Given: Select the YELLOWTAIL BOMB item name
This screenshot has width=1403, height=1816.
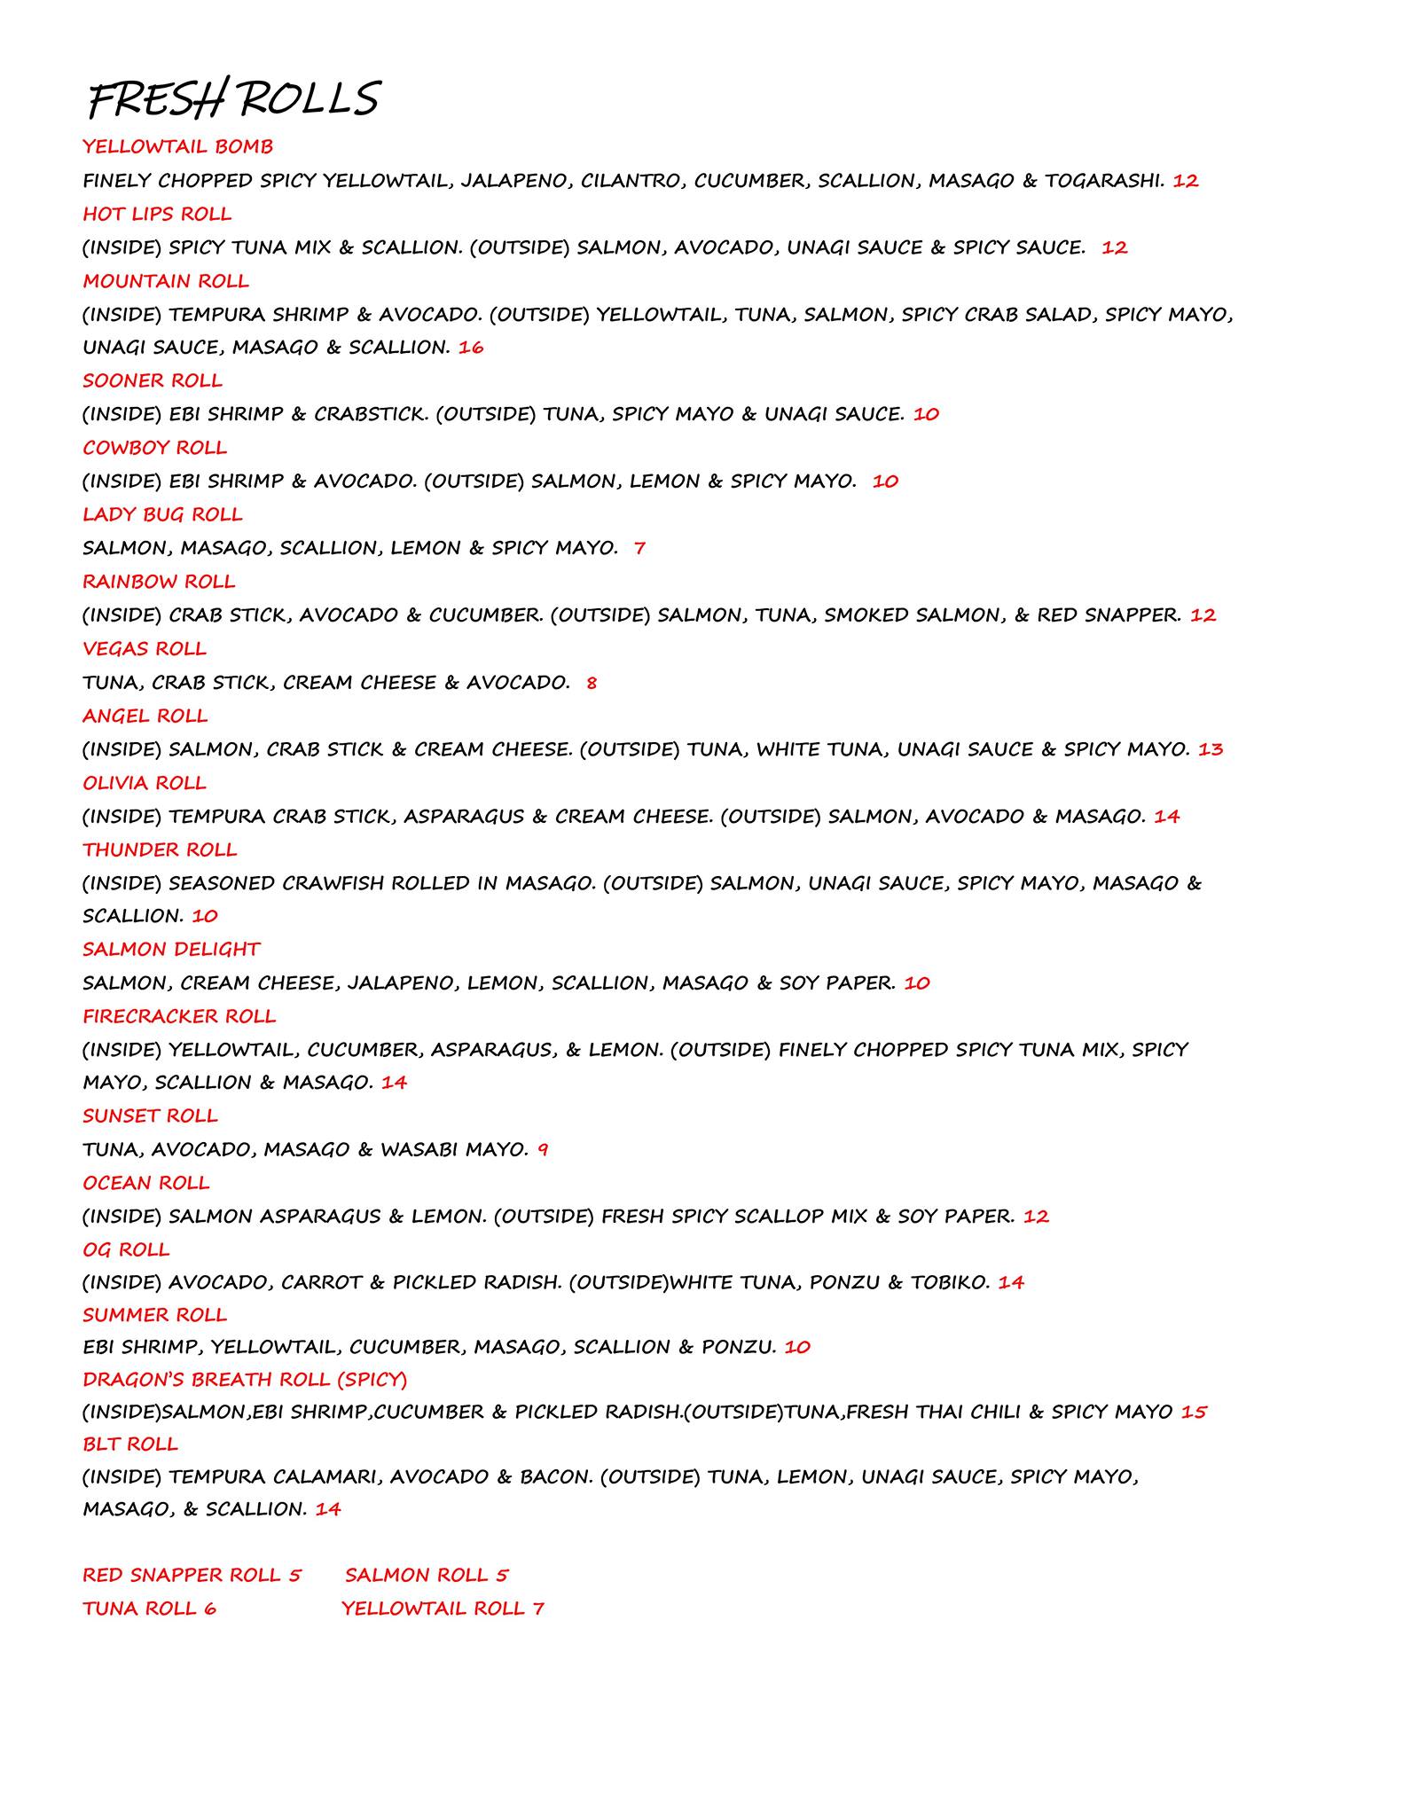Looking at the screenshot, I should [177, 146].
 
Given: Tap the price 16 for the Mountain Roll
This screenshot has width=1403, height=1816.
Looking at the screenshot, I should [471, 348].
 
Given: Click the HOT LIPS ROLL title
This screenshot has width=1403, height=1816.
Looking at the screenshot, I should [157, 214].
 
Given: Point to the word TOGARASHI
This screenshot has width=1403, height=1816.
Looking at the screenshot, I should [1103, 181].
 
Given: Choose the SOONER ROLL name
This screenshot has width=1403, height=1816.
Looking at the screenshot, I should [153, 380].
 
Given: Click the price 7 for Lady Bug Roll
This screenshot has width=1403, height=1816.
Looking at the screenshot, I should [639, 548].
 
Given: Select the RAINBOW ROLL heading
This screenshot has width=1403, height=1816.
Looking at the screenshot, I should [159, 582].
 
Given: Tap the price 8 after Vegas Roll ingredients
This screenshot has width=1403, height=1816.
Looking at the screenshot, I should [592, 683].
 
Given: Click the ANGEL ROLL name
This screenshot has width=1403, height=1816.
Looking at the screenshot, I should [145, 716].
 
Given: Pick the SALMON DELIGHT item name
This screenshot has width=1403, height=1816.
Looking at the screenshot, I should [171, 949].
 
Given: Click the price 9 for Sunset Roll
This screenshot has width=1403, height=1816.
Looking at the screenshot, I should [543, 1150].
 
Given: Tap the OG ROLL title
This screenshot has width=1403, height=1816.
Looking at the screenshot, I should [126, 1249].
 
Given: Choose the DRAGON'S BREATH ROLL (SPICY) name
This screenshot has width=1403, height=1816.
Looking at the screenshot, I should [245, 1380].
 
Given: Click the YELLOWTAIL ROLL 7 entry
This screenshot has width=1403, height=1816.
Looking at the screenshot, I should [443, 1609].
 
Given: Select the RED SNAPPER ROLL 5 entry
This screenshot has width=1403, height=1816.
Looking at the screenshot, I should [192, 1575].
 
